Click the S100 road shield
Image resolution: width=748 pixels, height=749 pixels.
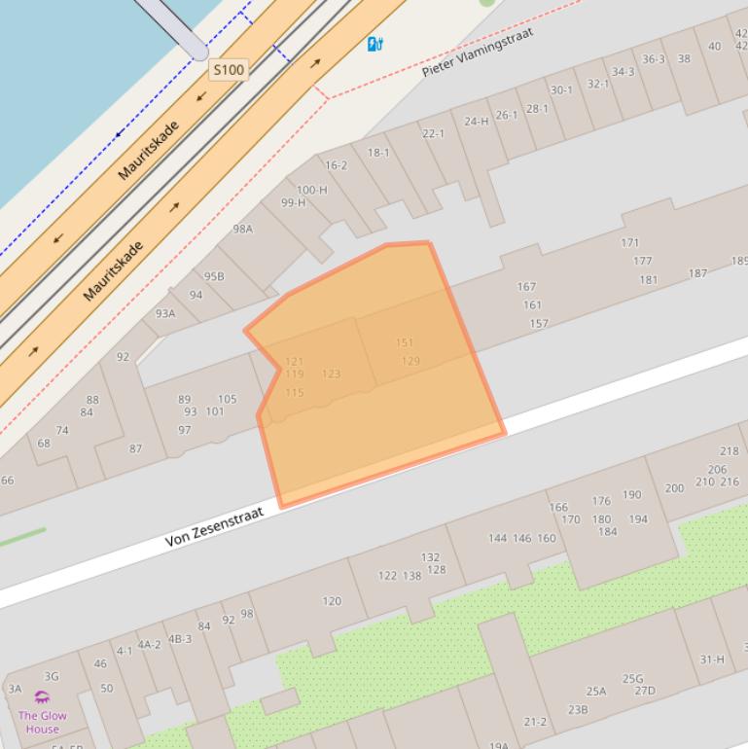pyautogui.click(x=229, y=70)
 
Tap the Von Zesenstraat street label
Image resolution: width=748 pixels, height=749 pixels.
pyautogui.click(x=215, y=526)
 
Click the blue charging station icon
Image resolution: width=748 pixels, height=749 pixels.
pyautogui.click(x=374, y=44)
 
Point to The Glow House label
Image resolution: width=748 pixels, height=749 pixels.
pyautogui.click(x=43, y=722)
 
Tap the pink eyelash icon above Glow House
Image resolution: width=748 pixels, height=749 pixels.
pyautogui.click(x=42, y=697)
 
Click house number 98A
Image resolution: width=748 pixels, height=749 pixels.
pyautogui.click(x=242, y=229)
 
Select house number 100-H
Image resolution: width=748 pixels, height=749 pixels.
pyautogui.click(x=311, y=190)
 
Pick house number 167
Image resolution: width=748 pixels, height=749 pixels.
pyautogui.click(x=526, y=287)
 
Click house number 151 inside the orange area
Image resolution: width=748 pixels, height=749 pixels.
pyautogui.click(x=405, y=342)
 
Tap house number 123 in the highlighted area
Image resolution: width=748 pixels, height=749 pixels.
pyautogui.click(x=331, y=374)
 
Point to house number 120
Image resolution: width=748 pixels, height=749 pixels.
pyautogui.click(x=332, y=601)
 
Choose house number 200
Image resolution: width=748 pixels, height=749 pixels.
pyautogui.click(x=674, y=488)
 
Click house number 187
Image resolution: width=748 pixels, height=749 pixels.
pyautogui.click(x=697, y=273)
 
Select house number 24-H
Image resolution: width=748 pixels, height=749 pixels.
pyautogui.click(x=477, y=122)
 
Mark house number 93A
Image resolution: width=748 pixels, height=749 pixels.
pyautogui.click(x=165, y=313)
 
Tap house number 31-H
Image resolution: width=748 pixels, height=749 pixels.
pyautogui.click(x=712, y=660)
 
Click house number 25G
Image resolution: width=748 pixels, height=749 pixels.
pyautogui.click(x=632, y=679)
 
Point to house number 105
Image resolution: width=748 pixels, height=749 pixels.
pyautogui.click(x=227, y=399)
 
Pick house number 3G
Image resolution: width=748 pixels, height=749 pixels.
pyautogui.click(x=52, y=676)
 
